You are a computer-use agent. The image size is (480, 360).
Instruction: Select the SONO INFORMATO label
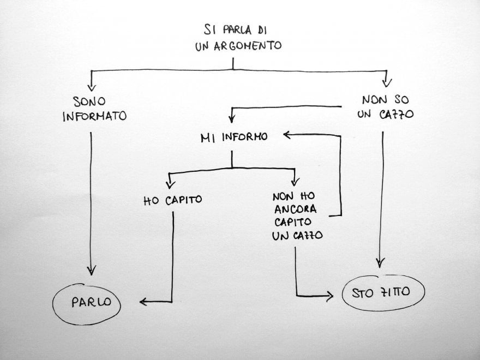95,109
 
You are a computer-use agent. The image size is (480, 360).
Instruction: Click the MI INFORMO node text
234,137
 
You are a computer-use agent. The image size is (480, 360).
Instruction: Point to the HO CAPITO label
172,200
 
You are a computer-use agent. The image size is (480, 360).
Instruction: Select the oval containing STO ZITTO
383,295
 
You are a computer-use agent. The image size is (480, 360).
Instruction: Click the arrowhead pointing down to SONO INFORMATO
92,86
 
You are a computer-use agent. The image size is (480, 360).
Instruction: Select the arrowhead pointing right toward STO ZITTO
329,296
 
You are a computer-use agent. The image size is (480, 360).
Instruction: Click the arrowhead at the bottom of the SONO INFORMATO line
92,271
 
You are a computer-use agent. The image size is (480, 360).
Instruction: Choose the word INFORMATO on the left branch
95,116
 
